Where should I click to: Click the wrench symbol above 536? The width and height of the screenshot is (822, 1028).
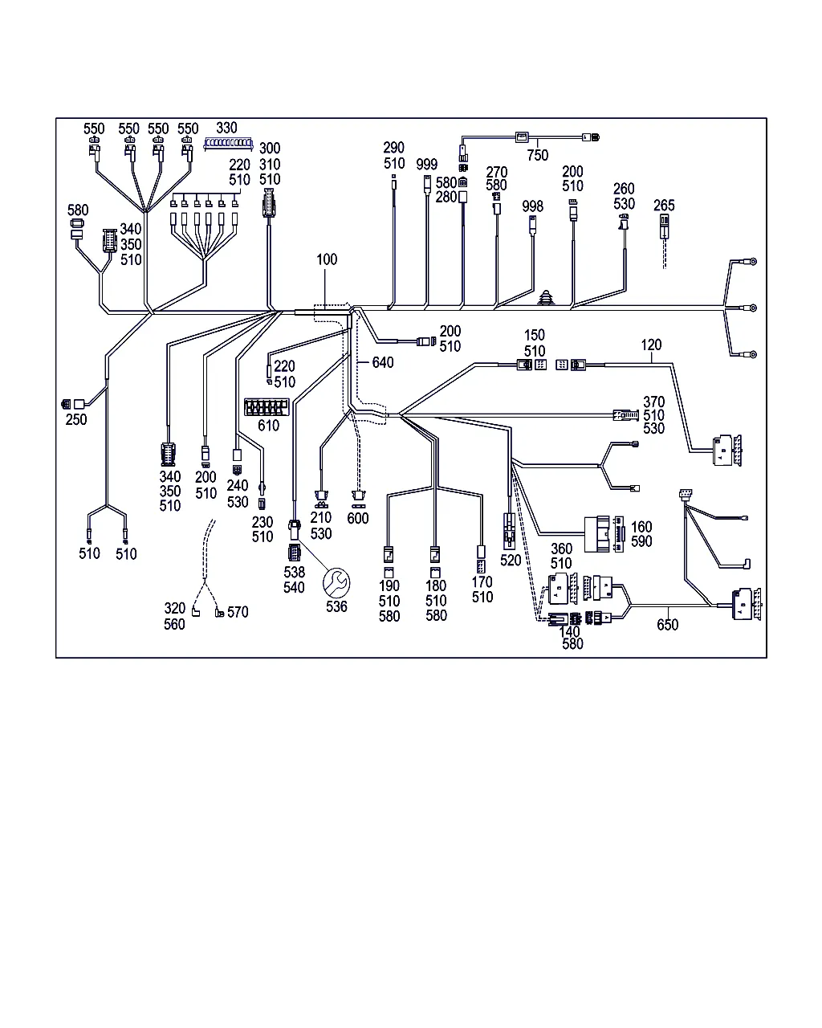pos(336,581)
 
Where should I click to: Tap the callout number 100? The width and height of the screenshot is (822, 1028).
pos(327,259)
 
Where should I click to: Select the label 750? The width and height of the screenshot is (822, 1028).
pos(538,156)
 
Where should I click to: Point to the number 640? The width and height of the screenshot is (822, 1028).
pos(383,363)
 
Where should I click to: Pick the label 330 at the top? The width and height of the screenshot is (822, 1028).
pos(227,128)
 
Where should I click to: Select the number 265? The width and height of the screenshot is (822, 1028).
pos(665,206)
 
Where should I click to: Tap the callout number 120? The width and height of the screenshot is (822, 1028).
pos(651,345)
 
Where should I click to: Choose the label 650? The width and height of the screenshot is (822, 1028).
pos(667,625)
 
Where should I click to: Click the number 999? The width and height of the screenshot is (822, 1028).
pos(427,165)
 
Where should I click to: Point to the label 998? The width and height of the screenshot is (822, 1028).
pos(532,206)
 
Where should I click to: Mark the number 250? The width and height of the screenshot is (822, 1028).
pos(77,419)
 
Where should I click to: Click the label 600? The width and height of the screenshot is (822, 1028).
pos(358,518)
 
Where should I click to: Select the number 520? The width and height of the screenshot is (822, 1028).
pos(511,561)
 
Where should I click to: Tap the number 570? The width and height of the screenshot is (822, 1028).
pos(238,612)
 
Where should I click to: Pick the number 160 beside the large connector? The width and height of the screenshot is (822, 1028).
pos(641,527)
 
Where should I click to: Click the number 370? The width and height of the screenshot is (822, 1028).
pos(654,402)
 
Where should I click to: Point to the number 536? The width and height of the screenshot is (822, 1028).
pos(336,606)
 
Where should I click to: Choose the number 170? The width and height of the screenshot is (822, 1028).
pos(482,582)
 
